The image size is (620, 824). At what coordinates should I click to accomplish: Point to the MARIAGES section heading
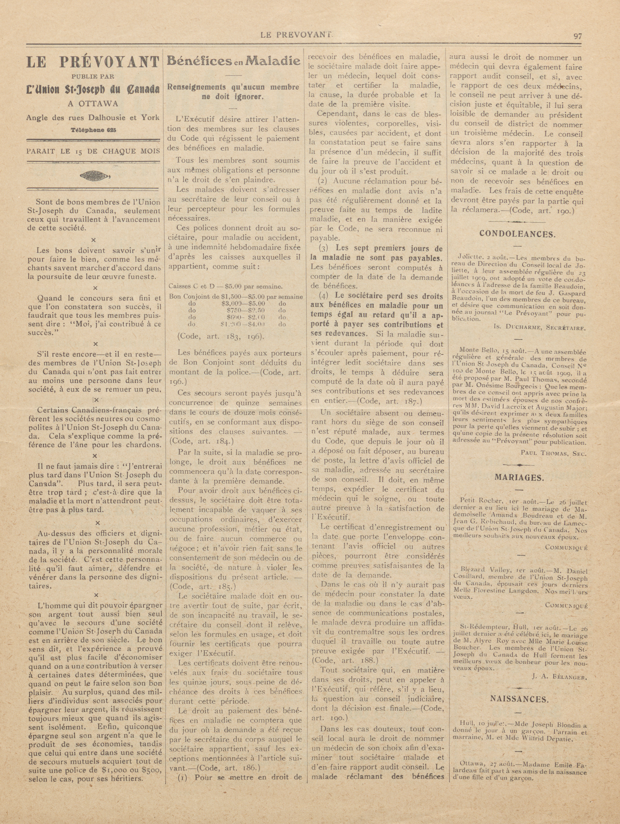click(x=517, y=478)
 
